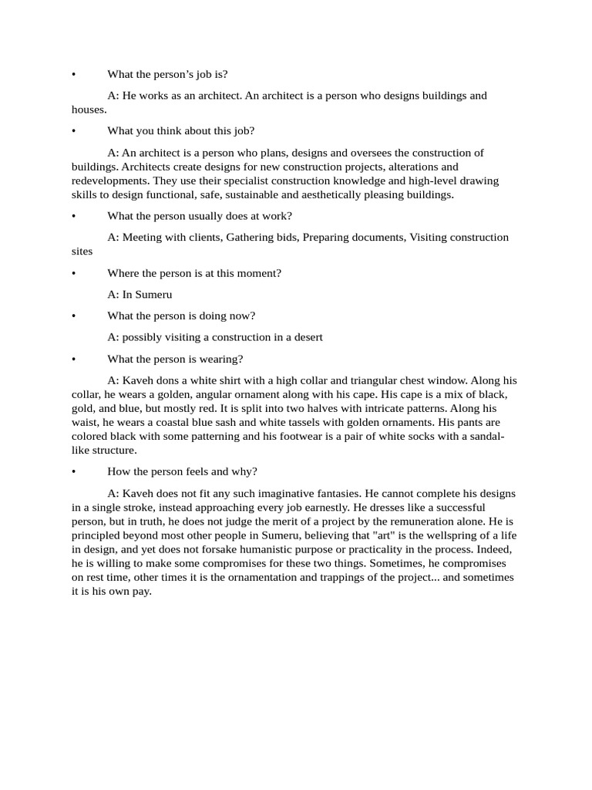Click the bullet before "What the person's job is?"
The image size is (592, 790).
click(74, 75)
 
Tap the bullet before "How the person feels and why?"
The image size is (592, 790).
click(74, 472)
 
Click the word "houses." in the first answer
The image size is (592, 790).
click(89, 110)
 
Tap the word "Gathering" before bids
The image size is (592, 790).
click(250, 238)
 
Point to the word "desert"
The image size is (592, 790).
click(306, 337)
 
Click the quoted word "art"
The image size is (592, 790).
click(383, 536)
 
